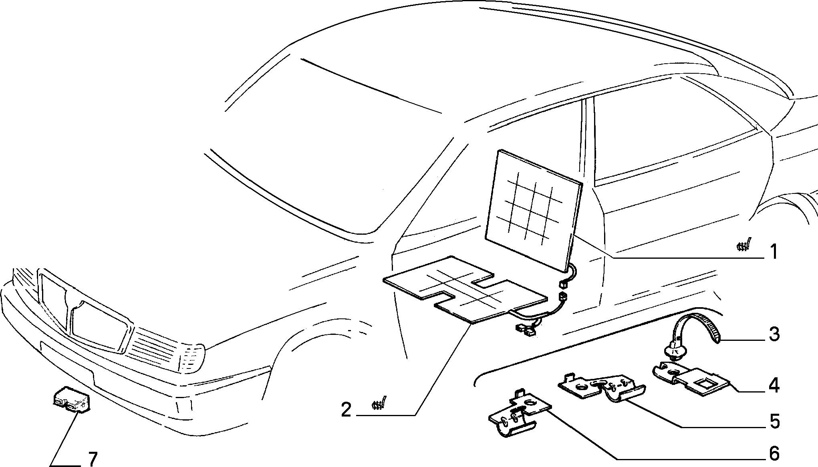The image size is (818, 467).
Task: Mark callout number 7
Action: pyautogui.click(x=93, y=459)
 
